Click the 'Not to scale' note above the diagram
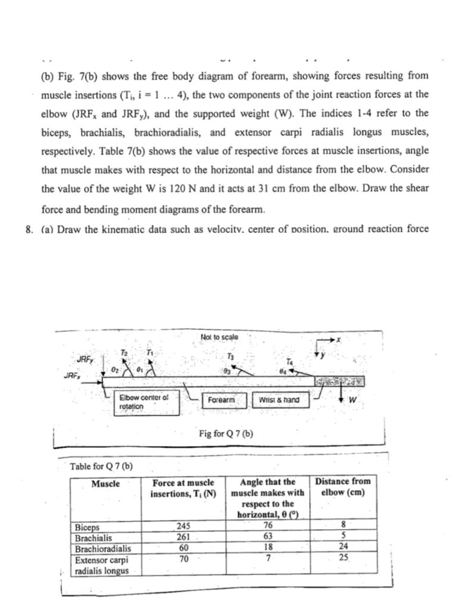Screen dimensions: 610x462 tap(220, 337)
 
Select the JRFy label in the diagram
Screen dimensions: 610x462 tap(85, 359)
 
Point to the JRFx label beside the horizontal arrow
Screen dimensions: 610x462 tap(71, 376)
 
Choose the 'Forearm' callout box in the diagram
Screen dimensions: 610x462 tap(223, 400)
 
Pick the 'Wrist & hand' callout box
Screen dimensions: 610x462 tap(278, 400)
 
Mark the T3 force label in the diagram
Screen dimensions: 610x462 tap(230, 356)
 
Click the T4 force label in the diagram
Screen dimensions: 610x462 tap(289, 362)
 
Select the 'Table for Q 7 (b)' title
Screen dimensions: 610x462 tap(101, 465)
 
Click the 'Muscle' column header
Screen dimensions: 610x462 tap(105, 484)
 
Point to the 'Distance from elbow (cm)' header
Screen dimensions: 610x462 tap(342, 487)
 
